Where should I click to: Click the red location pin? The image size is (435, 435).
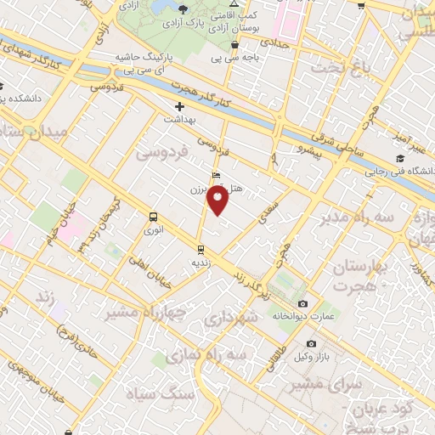pos(218,201)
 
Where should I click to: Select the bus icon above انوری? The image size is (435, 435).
pos(153,217)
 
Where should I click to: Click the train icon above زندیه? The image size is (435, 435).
pos(201,249)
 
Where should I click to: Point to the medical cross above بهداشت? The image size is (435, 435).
pos(179,106)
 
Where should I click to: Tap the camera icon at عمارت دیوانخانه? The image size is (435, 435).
pos(303,304)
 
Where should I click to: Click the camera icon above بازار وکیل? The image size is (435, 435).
pos(311,343)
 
